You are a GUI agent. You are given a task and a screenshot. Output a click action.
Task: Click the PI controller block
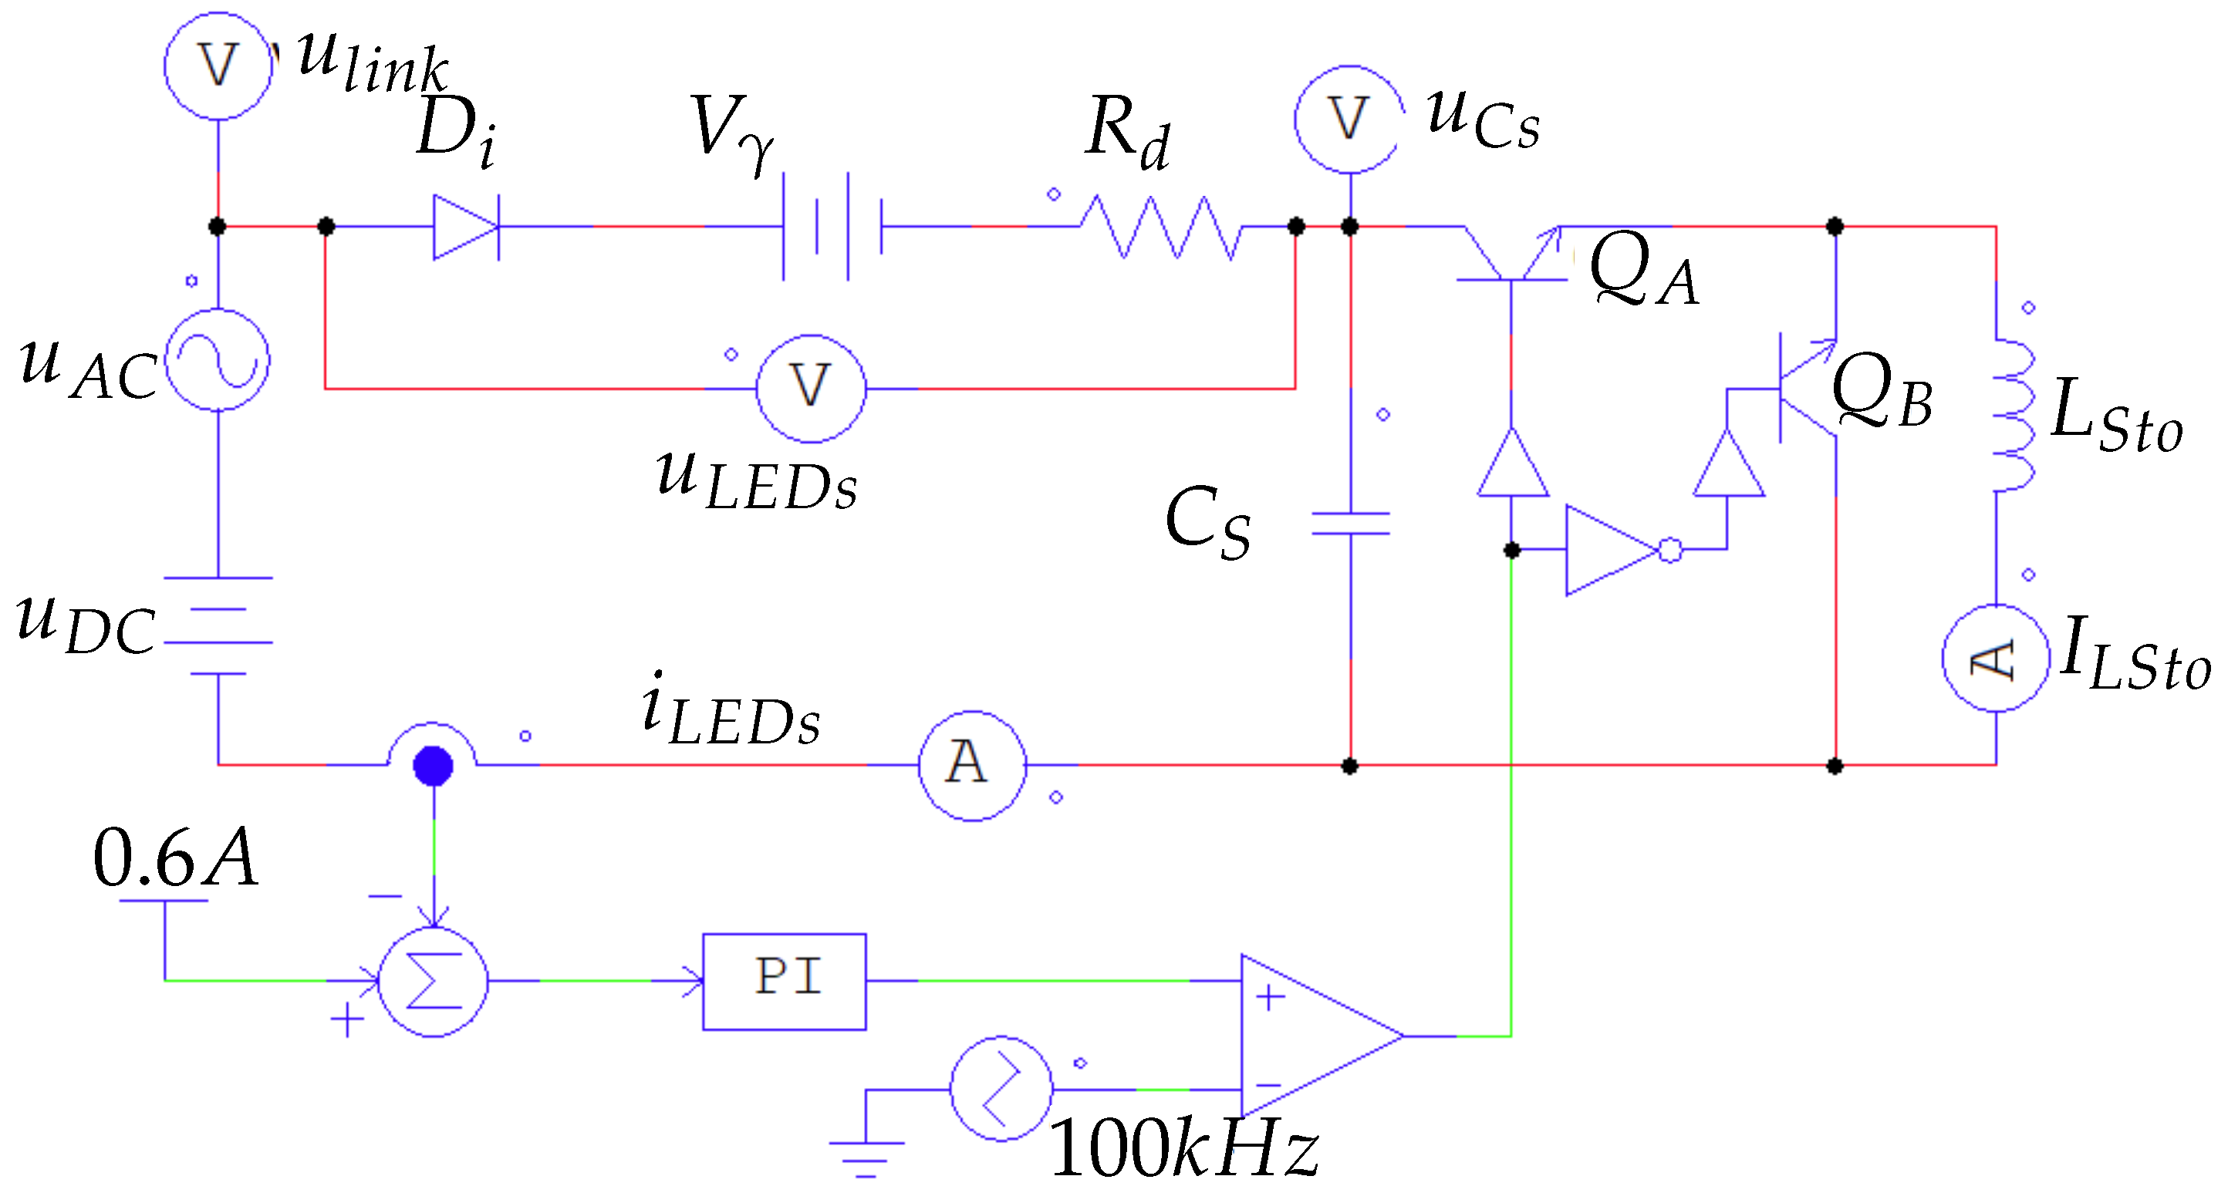tap(784, 981)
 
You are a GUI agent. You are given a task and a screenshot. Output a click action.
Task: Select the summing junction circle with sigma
tap(434, 982)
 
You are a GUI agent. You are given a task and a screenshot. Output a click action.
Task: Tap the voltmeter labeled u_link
tap(218, 66)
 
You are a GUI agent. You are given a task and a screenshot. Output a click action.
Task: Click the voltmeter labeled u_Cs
tap(1349, 119)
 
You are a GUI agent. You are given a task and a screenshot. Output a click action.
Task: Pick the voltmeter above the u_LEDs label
tap(810, 389)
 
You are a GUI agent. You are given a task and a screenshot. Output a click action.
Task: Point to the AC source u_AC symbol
tap(217, 360)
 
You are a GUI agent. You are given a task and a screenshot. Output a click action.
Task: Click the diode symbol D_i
tap(465, 227)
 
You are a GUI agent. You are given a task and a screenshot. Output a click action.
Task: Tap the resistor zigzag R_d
tap(1160, 227)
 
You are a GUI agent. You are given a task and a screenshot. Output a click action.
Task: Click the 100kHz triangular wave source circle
tap(1001, 1089)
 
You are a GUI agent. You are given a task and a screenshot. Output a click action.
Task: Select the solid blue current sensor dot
tap(434, 766)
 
